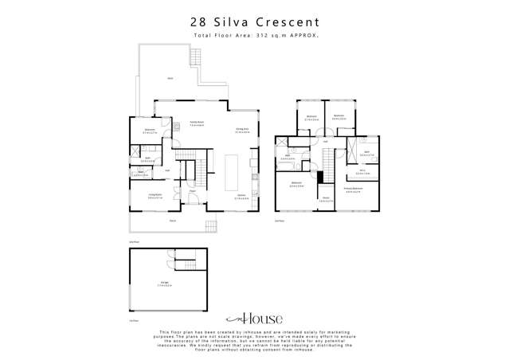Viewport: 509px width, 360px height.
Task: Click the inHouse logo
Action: coord(254,316)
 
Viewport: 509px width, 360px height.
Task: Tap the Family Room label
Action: coord(197,124)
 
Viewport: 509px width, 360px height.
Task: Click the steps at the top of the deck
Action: coord(194,56)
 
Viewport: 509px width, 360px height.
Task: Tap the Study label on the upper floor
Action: coord(325,200)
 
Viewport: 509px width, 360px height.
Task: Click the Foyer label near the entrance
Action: coord(192,192)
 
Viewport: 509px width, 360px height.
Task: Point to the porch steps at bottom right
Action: coord(211,225)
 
